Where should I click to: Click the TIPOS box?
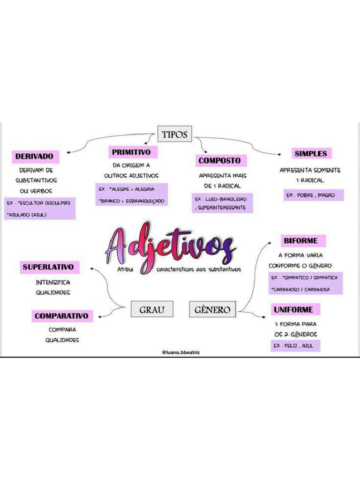tap(174, 135)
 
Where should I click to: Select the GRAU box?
tap(152, 309)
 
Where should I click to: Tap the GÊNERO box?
tap(212, 309)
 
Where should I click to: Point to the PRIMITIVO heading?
tap(131, 152)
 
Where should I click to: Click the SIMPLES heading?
tap(311, 153)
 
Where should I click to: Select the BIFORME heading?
tap(300, 241)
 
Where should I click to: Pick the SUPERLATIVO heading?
tap(48, 268)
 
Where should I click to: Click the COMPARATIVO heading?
tap(61, 316)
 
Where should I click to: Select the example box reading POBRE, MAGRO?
tap(313, 195)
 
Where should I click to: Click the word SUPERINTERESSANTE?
tap(222, 207)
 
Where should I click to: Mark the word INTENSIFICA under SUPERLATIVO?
tap(53, 283)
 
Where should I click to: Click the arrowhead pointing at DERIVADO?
tap(68, 152)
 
